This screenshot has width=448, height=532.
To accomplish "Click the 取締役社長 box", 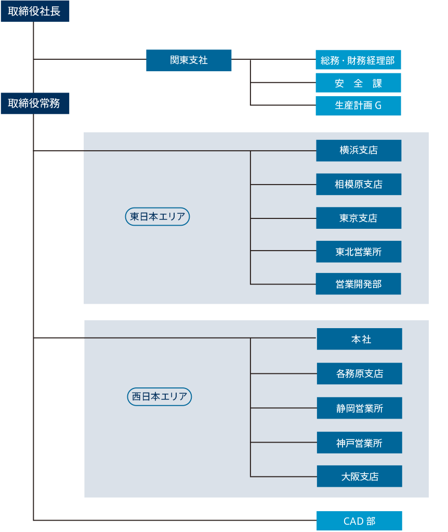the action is pyautogui.click(x=35, y=11).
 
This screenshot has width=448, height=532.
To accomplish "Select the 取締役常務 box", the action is pyautogui.click(x=35, y=103).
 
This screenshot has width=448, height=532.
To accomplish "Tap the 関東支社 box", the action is pyautogui.click(x=189, y=60).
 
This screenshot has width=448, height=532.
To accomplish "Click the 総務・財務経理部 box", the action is pyautogui.click(x=358, y=60).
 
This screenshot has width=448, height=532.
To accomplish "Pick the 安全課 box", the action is pyautogui.click(x=358, y=83).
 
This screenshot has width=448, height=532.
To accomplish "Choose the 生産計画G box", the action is pyautogui.click(x=358, y=106).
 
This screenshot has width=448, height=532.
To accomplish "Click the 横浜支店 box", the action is pyautogui.click(x=359, y=151).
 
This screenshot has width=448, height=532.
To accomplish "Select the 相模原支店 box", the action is pyautogui.click(x=359, y=184).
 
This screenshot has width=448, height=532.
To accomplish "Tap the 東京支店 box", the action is pyautogui.click(x=359, y=218).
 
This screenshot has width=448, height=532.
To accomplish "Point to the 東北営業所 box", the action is pyautogui.click(x=359, y=251).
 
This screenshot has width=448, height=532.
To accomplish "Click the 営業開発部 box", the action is pyautogui.click(x=359, y=283).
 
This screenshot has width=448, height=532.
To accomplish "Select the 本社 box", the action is pyautogui.click(x=360, y=339).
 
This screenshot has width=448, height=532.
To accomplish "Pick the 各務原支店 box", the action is pyautogui.click(x=360, y=373).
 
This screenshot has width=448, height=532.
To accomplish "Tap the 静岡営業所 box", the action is pyautogui.click(x=360, y=408).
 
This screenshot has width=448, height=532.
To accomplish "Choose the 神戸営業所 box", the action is pyautogui.click(x=360, y=443).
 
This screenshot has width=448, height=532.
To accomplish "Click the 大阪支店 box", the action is pyautogui.click(x=360, y=476).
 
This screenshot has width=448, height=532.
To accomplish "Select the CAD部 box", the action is pyautogui.click(x=359, y=521).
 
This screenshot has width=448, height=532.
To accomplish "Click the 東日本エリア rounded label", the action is pyautogui.click(x=157, y=216).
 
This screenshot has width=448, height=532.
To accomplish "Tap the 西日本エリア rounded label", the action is pyautogui.click(x=160, y=397).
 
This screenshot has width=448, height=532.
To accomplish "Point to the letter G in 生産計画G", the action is pyautogui.click(x=378, y=106).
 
